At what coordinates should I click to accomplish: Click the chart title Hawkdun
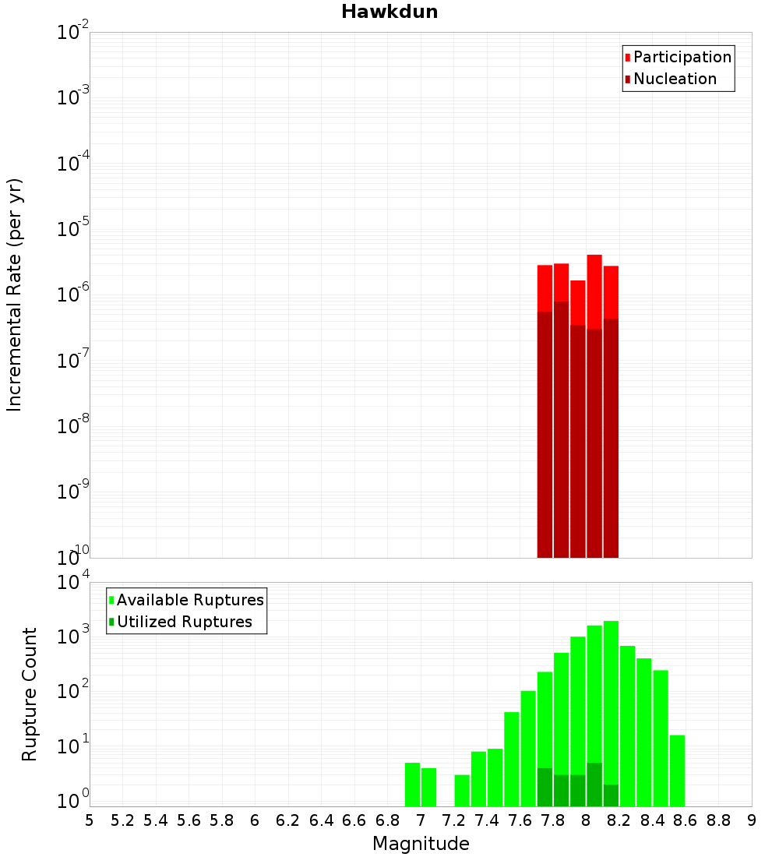389,12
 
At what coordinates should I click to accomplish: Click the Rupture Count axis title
30,693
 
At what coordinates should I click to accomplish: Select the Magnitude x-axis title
421,844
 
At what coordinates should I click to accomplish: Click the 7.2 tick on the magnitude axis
453,820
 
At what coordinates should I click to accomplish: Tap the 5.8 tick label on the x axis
222,820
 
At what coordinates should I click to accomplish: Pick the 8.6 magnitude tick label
686,820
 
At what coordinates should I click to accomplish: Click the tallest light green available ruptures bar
611,701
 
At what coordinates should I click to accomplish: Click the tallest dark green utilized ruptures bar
594,784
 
